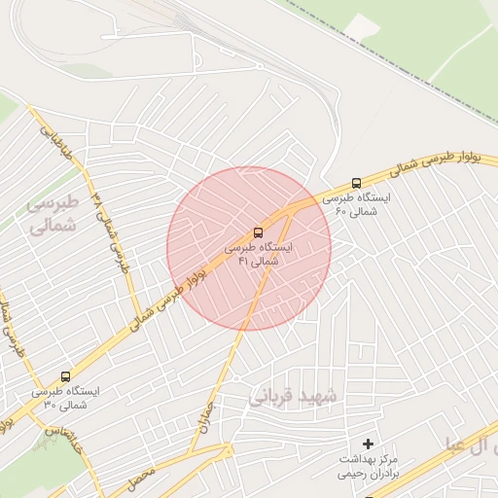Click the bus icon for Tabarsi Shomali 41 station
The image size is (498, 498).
coord(258,232)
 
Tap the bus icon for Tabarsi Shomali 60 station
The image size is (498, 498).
coord(356,182)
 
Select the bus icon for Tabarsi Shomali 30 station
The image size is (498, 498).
coord(65,376)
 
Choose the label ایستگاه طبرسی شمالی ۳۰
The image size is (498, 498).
coord(64,398)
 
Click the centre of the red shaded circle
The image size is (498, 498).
coord(249,248)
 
